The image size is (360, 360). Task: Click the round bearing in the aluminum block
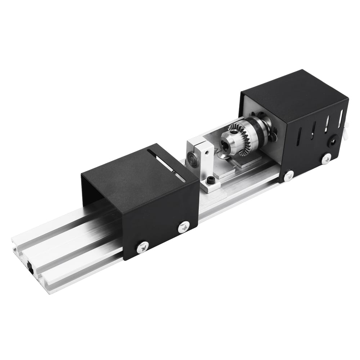191,158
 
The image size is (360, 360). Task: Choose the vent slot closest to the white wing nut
341,118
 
